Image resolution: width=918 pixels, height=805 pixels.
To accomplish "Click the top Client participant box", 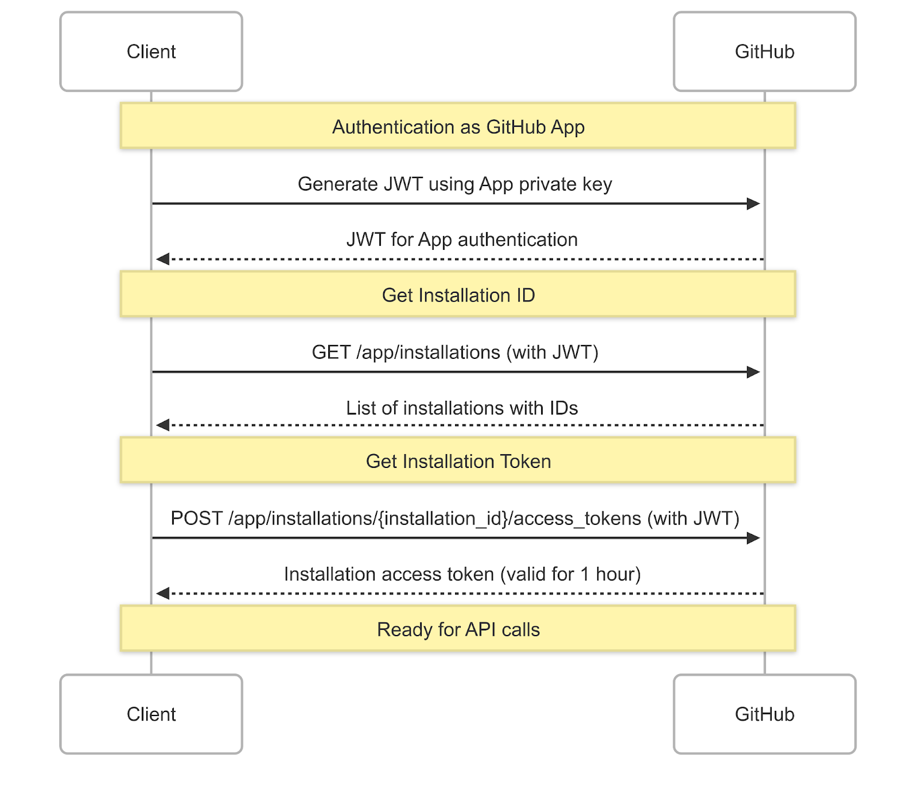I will point(151,52).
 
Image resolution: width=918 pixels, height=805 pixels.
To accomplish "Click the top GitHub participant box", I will point(764,52).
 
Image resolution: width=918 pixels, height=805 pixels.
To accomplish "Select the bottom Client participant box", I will point(151,714).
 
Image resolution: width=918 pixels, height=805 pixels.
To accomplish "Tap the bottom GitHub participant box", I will point(764,714).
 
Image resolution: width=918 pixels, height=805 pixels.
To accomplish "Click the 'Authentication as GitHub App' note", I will point(458,126).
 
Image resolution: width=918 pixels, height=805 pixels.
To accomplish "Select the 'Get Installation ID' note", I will point(458,295).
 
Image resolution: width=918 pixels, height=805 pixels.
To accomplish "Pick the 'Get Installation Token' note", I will point(458,460).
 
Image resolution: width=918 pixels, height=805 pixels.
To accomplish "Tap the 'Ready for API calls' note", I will point(458,629).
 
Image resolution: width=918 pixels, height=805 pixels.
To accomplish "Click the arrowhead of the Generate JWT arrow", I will point(753,203).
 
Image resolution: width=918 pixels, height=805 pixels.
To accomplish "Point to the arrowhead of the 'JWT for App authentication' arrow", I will point(163,259).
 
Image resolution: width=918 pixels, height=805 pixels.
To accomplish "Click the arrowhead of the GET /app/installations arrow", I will point(753,372).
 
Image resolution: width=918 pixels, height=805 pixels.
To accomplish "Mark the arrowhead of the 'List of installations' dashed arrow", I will point(163,425).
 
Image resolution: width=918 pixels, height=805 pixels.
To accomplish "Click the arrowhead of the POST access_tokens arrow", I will point(753,538).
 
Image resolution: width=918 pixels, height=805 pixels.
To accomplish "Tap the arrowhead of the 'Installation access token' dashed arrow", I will point(163,593).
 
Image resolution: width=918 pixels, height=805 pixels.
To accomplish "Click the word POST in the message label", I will point(196,518).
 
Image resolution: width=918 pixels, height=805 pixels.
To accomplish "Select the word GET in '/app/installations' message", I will point(330,352).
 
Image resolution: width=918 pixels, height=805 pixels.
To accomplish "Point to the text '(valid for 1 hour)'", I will point(570,574).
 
